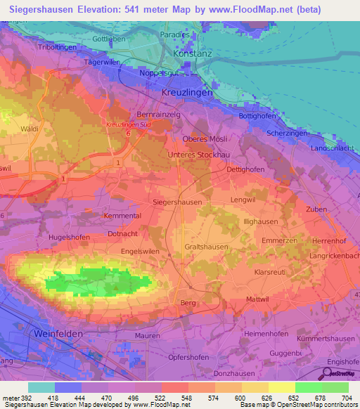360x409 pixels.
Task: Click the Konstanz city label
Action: pos(192,54)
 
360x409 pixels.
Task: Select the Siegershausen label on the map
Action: pos(177,202)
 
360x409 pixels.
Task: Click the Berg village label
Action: pos(188,302)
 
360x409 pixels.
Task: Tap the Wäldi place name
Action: pos(30,129)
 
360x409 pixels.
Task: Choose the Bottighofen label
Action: pos(257,115)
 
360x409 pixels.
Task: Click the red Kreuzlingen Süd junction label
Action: pos(128,124)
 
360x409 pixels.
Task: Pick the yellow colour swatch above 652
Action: pos(281,387)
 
